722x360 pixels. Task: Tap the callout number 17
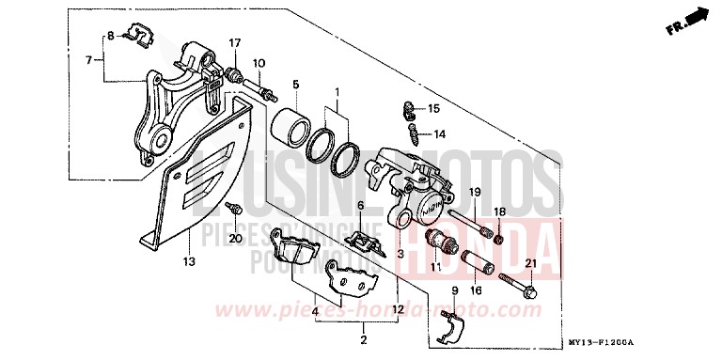[235, 43]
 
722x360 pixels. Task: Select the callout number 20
[235, 239]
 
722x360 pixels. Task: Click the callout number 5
[294, 84]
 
